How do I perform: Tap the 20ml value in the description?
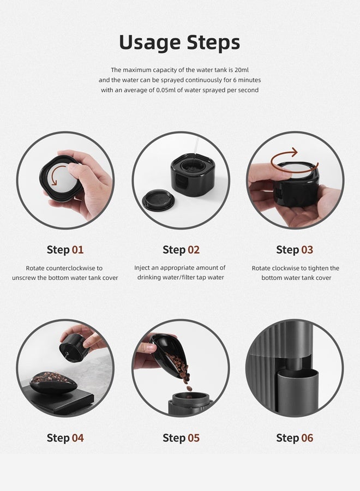[x=241, y=70]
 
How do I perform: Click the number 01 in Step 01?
[x=77, y=250]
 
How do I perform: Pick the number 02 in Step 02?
[x=194, y=250]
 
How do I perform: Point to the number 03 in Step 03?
[x=307, y=250]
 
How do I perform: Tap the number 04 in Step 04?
[x=77, y=438]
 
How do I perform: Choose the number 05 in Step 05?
[x=194, y=438]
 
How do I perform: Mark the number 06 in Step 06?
[x=307, y=438]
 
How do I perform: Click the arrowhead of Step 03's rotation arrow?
[x=293, y=153]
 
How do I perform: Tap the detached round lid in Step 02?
[x=158, y=200]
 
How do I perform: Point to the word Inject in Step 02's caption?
[x=141, y=268]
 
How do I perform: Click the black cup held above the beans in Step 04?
[x=73, y=348]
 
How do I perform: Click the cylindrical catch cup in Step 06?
[x=297, y=388]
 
